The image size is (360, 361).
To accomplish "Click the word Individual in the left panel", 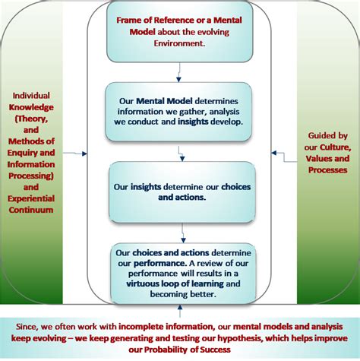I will point(30,96).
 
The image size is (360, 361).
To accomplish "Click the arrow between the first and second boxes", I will point(178,71).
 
